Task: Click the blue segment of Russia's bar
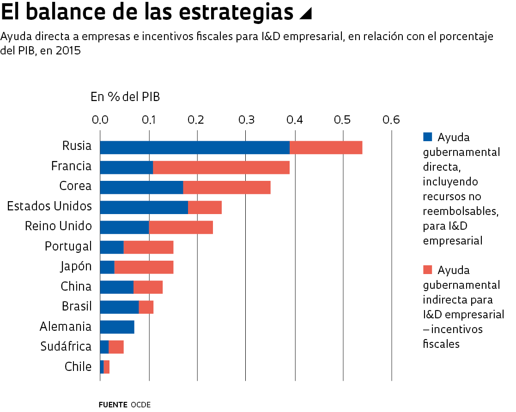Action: point(194,148)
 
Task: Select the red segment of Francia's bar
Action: point(221,167)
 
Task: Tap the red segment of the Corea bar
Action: point(227,188)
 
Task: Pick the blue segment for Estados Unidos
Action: point(144,208)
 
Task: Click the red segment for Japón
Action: point(144,267)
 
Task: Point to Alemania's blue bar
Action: point(117,327)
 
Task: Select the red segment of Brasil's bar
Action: point(146,307)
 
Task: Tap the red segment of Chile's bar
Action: point(107,367)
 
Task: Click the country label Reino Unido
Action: point(58,227)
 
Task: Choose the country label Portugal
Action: point(68,246)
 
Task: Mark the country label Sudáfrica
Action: point(66,346)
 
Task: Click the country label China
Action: point(76,287)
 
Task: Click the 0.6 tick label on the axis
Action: point(391,120)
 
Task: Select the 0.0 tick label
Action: point(100,120)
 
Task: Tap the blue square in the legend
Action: point(428,137)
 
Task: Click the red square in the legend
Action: point(428,269)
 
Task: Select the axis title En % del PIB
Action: point(125,97)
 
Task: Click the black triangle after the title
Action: point(305,14)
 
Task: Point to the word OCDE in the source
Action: point(140,405)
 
